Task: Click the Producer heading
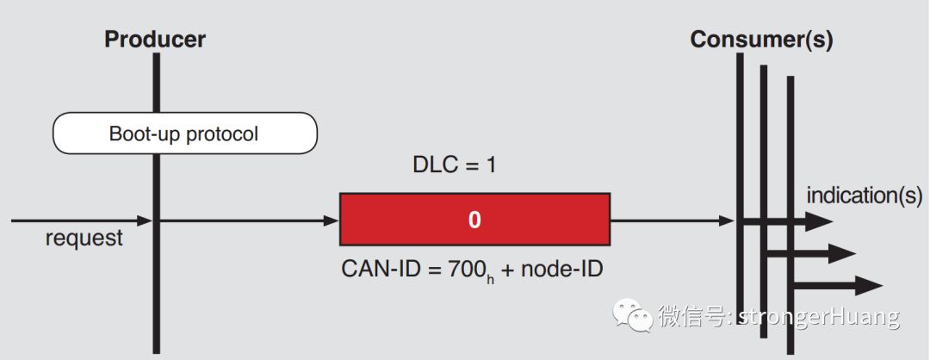(x=155, y=39)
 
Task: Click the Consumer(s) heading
(x=762, y=40)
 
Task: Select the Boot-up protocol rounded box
(x=185, y=134)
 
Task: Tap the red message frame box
(x=474, y=220)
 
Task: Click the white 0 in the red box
(x=474, y=220)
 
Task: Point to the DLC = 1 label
(x=454, y=164)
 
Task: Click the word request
(x=84, y=239)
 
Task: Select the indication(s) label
(x=864, y=196)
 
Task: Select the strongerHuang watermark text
(x=819, y=317)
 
